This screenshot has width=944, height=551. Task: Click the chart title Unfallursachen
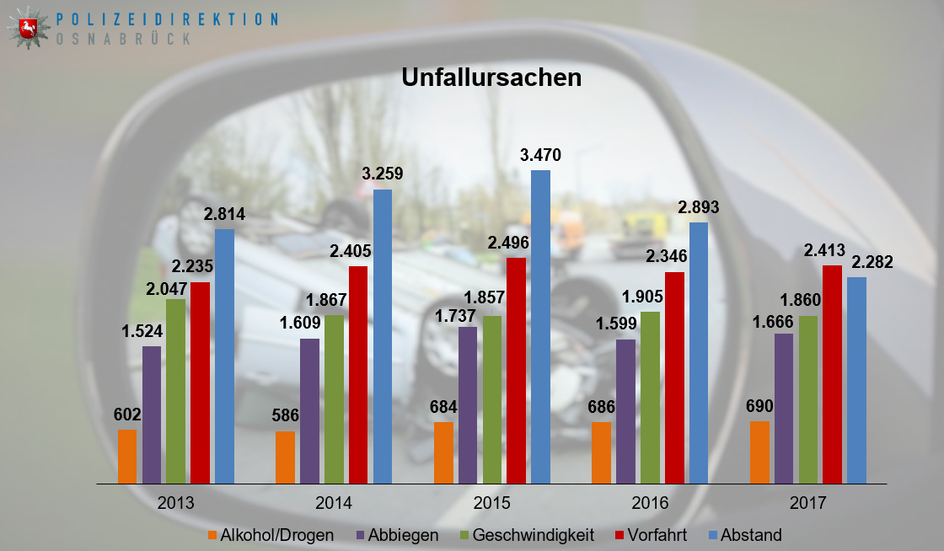coord(491,78)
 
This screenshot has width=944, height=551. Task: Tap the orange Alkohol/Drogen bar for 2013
coord(127,456)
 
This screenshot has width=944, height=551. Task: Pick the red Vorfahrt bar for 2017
coord(832,374)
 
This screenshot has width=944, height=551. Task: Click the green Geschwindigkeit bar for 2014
coord(334,399)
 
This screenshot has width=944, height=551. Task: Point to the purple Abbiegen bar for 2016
coord(625,411)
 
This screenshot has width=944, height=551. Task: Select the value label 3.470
coord(540,155)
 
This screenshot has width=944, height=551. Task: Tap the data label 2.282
coord(872,261)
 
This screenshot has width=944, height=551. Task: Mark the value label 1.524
coord(142,330)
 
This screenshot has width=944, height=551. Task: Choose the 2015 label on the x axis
coord(491,504)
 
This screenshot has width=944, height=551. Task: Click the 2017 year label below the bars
coord(807,504)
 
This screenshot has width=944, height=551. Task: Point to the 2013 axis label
coord(175,504)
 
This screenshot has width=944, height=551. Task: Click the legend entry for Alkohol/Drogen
coord(270,534)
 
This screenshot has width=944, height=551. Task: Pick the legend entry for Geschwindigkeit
coord(525,534)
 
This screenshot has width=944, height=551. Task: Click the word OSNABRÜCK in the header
coord(123,39)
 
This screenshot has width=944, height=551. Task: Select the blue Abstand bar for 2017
coord(856,380)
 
